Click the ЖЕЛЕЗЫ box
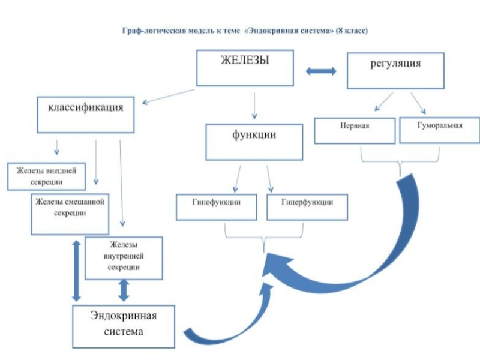coord(245,68)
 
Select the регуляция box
coord(395,71)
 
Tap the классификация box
coord(86,116)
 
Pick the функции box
coord(254,142)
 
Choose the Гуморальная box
coord(439,130)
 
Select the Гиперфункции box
coord(307,207)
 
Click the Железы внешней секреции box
coord(46,176)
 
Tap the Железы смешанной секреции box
coord(70,214)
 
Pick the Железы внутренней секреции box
coord(124,258)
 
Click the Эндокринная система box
coord(124,326)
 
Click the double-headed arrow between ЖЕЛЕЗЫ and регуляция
coord(321,71)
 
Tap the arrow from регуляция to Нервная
coord(383,102)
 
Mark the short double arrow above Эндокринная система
coord(124,290)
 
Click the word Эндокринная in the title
coord(271,30)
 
